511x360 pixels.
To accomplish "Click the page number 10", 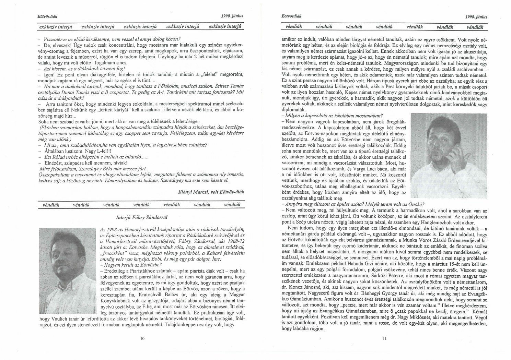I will tap(142, 339).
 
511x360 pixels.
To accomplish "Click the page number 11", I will tap(384, 339).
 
